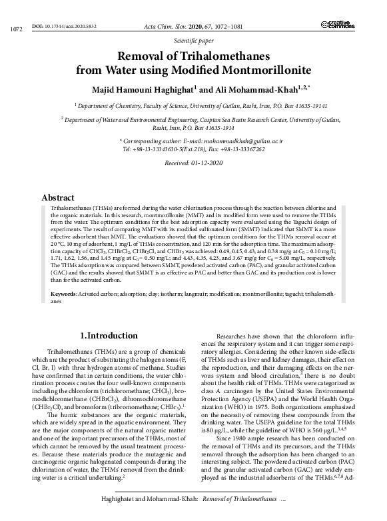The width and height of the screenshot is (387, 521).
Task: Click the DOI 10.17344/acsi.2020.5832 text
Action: click(x=65, y=25)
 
